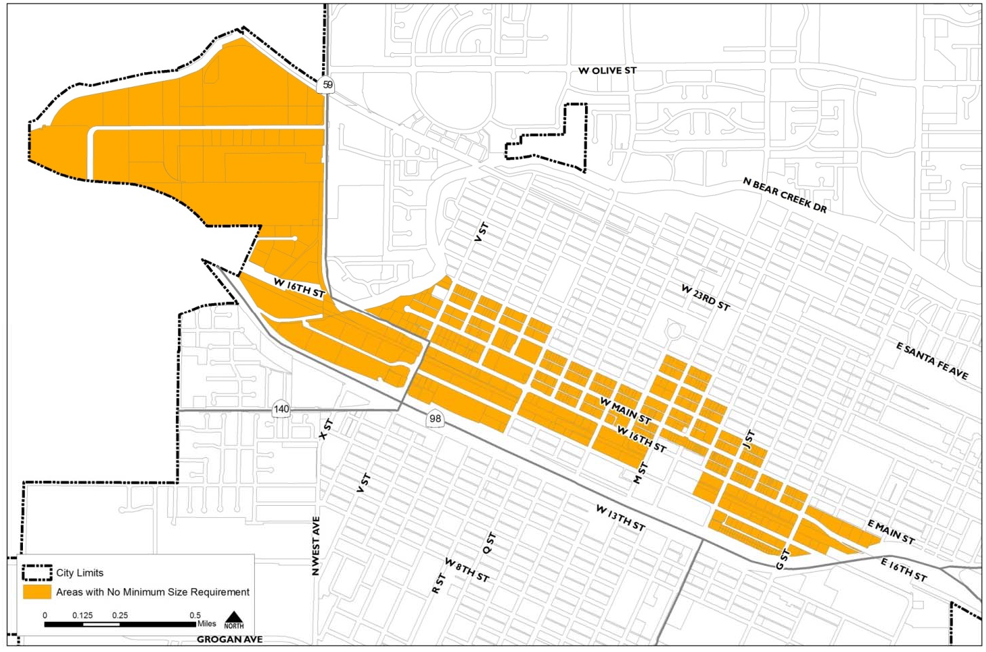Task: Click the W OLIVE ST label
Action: coord(607,71)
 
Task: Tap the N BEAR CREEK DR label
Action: coord(784,195)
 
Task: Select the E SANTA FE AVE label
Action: coord(932,361)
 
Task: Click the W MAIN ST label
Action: coord(625,411)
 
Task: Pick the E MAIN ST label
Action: coord(890,532)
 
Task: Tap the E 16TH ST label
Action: coord(904,570)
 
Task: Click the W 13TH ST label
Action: coord(620,517)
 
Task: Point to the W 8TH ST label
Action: coord(466,570)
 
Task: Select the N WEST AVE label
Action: coord(315,546)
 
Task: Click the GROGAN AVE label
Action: coord(230,639)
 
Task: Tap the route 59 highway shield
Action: coord(328,85)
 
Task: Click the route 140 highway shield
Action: coord(281,409)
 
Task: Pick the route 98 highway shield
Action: coord(435,419)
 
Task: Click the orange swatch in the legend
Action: coord(37,592)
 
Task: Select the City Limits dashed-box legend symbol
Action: coord(37,573)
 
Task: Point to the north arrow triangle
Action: coord(234,617)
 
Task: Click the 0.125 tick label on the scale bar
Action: coord(82,616)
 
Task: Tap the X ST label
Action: coord(326,429)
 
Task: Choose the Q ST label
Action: coord(490,543)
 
